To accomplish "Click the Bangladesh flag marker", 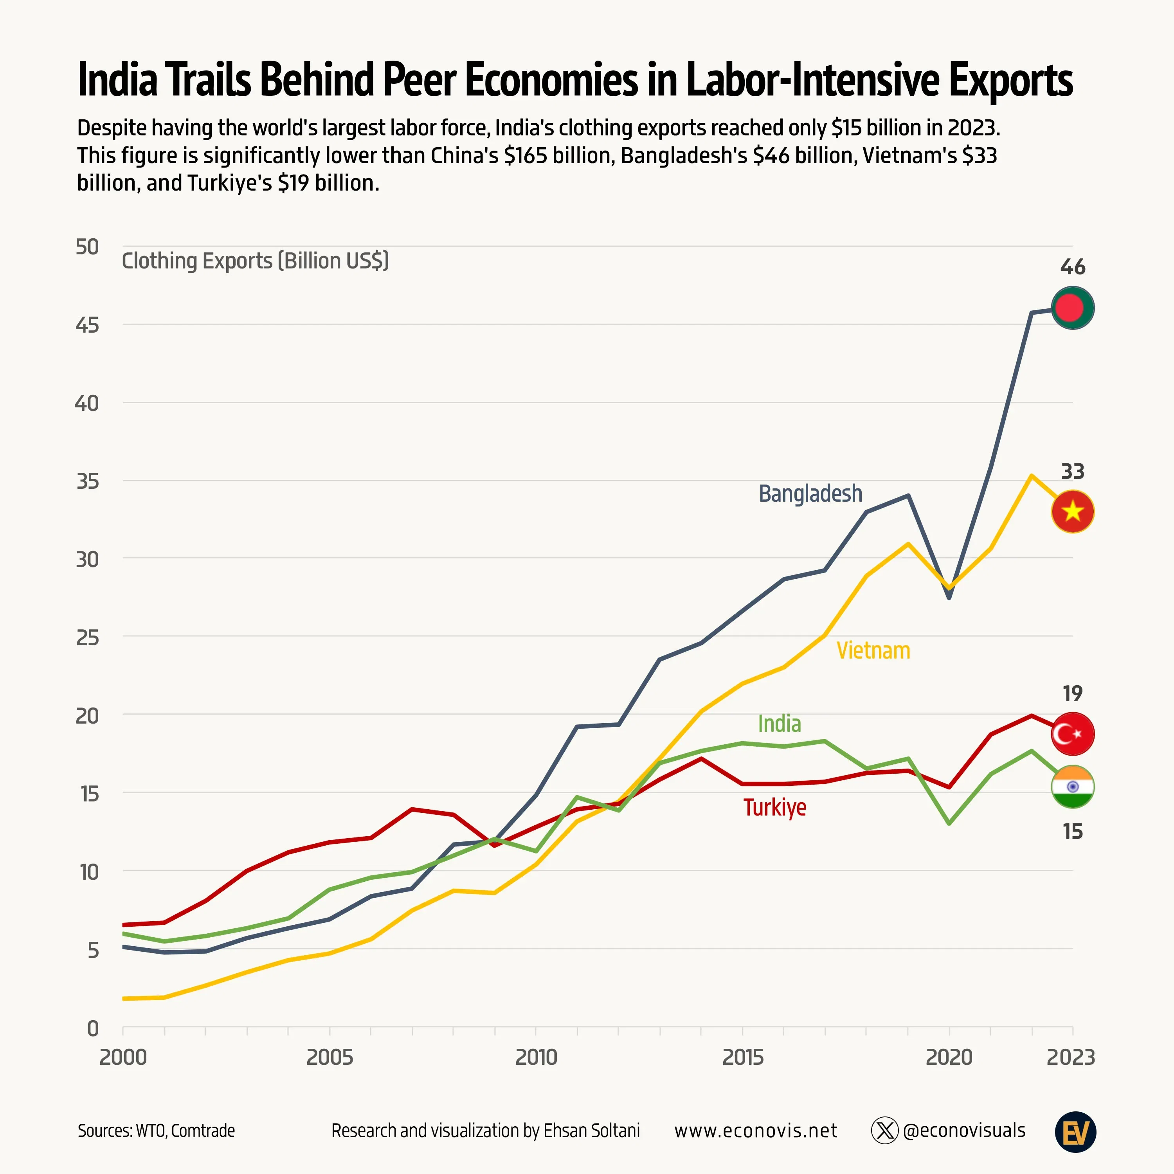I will pos(1073,308).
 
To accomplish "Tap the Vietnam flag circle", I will pos(1073,511).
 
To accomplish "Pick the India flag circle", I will pos(1073,786).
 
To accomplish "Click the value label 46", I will pos(1073,267).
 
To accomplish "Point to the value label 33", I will pos(1073,472).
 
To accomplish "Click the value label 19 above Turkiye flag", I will pos(1073,693).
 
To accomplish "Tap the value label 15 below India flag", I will pos(1073,831).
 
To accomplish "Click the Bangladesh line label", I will pos(810,493).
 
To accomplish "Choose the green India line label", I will pos(779,724).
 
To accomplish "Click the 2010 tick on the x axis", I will pos(536,1057).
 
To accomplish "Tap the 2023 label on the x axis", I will pos(1071,1057).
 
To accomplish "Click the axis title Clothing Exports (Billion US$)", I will pos(255,261).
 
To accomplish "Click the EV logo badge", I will pos(1075,1131).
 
